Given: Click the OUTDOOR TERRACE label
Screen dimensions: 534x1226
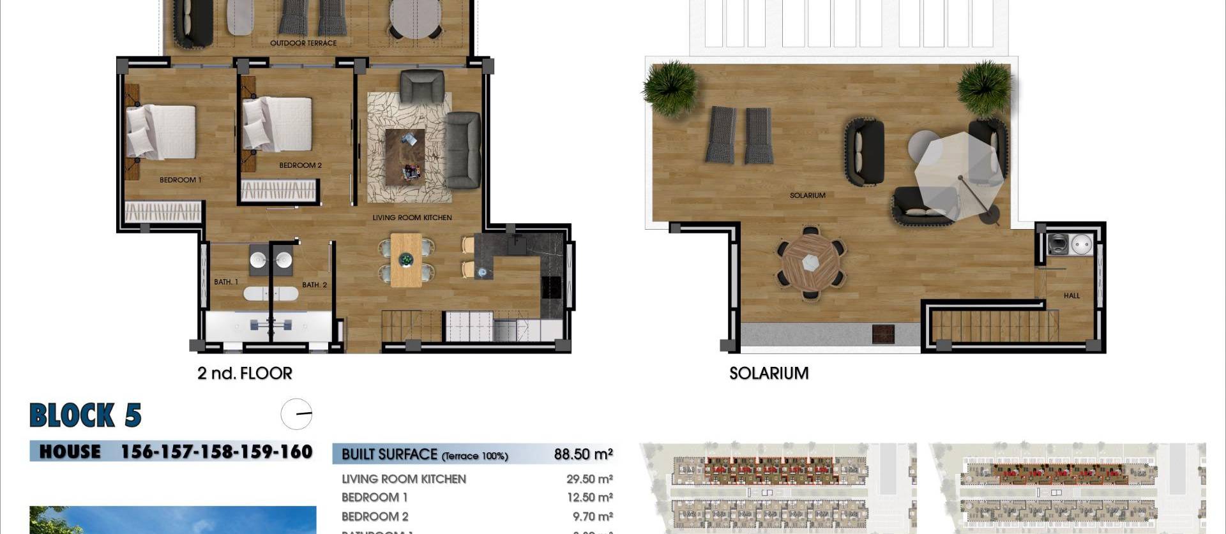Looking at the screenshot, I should pyautogui.click(x=303, y=43).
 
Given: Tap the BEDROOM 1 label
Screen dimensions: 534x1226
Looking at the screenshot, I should pyautogui.click(x=180, y=180).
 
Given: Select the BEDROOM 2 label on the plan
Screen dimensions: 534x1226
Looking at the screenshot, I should pyautogui.click(x=300, y=165).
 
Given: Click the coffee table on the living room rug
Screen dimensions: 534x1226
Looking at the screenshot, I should pyautogui.click(x=405, y=156).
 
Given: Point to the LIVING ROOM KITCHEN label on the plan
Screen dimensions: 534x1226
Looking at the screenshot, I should pyautogui.click(x=412, y=218).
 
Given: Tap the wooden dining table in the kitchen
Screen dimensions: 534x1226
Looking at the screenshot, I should pyautogui.click(x=406, y=260).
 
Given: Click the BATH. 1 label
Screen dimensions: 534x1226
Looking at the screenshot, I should pyautogui.click(x=226, y=282).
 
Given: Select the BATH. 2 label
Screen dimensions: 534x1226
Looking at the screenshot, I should pyautogui.click(x=314, y=285).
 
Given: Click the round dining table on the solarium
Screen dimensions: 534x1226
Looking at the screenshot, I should pyautogui.click(x=810, y=262).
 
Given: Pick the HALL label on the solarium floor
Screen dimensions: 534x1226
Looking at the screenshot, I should pyautogui.click(x=1071, y=296).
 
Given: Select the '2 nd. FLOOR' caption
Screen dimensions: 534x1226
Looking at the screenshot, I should pyautogui.click(x=245, y=373).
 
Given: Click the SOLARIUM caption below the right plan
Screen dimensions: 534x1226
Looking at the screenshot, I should pyautogui.click(x=769, y=373).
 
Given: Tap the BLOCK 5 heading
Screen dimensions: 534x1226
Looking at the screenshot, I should pyautogui.click(x=86, y=415).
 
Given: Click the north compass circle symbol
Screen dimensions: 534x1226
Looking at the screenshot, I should pyautogui.click(x=296, y=414).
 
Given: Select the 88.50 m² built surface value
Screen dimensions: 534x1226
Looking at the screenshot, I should pyautogui.click(x=583, y=454).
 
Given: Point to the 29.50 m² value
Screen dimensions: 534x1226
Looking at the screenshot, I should pyautogui.click(x=589, y=479).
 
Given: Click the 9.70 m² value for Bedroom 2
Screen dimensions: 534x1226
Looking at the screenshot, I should pyautogui.click(x=592, y=516).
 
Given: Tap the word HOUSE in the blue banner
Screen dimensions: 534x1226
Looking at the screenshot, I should pyautogui.click(x=70, y=452).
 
